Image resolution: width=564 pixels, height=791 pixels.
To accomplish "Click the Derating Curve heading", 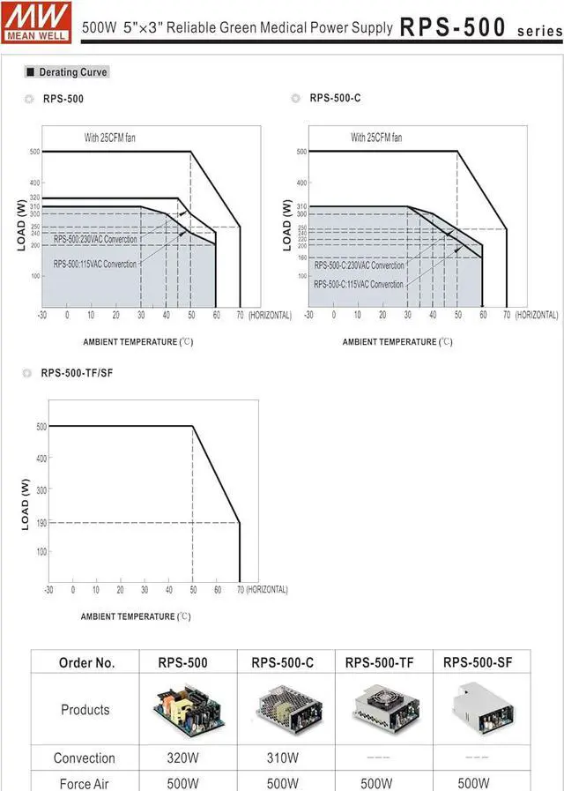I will click(x=70, y=72).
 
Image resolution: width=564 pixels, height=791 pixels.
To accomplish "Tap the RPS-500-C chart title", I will click(x=335, y=98).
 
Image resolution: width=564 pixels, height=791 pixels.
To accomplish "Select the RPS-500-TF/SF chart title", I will click(x=77, y=373).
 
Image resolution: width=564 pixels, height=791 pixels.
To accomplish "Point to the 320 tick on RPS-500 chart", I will click(x=34, y=198).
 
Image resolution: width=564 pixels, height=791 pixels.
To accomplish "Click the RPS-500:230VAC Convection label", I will click(x=95, y=240).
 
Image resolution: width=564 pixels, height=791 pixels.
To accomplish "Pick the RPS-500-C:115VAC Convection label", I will click(x=359, y=285).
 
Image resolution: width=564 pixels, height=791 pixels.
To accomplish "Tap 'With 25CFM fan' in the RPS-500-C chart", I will click(x=376, y=138).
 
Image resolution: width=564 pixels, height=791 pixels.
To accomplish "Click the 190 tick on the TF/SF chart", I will click(x=41, y=523).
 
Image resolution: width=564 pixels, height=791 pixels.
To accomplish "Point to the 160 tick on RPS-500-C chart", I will click(x=301, y=258).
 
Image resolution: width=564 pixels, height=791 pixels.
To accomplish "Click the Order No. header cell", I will click(x=86, y=663).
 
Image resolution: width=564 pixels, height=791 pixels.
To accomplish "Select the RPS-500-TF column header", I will click(x=380, y=663).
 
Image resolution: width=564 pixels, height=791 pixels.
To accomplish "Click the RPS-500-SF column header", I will click(x=477, y=663).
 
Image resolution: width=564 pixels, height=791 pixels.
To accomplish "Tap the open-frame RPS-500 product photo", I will click(x=187, y=709).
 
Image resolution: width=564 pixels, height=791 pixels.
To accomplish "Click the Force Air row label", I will click(x=85, y=783).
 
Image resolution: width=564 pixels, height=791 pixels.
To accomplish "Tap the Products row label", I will click(x=85, y=710).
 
